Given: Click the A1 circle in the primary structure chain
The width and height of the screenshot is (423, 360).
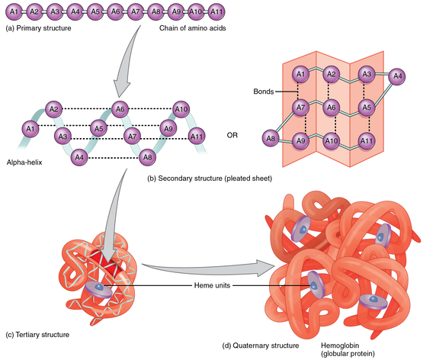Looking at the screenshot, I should (x=13, y=12).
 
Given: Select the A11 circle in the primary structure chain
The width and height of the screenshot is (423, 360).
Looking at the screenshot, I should (x=217, y=12).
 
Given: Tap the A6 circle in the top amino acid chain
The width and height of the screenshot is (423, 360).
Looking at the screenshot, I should (x=115, y=12).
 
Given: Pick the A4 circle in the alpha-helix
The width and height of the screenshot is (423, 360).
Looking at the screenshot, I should (x=78, y=157).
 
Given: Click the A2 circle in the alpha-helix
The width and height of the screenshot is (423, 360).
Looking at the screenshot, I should (x=53, y=109).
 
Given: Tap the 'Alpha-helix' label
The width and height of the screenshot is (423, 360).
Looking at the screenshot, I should (x=27, y=162).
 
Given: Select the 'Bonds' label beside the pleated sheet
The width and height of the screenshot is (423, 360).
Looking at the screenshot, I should (x=264, y=91).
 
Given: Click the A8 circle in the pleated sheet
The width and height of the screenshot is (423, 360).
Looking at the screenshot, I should (x=271, y=139).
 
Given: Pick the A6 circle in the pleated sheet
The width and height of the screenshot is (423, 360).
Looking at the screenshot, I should (x=332, y=108).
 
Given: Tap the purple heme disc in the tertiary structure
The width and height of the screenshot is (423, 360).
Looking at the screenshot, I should (x=98, y=288).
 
